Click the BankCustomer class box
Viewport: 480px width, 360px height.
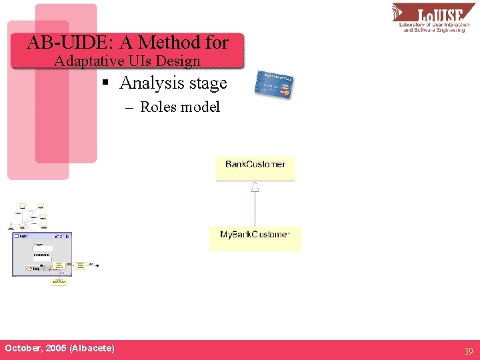click(255, 168)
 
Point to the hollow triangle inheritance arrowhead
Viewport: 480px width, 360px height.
click(255, 187)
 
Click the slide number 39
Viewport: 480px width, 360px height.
click(468, 351)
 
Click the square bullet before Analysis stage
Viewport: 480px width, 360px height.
click(104, 84)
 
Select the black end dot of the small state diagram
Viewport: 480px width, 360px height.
click(99, 265)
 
